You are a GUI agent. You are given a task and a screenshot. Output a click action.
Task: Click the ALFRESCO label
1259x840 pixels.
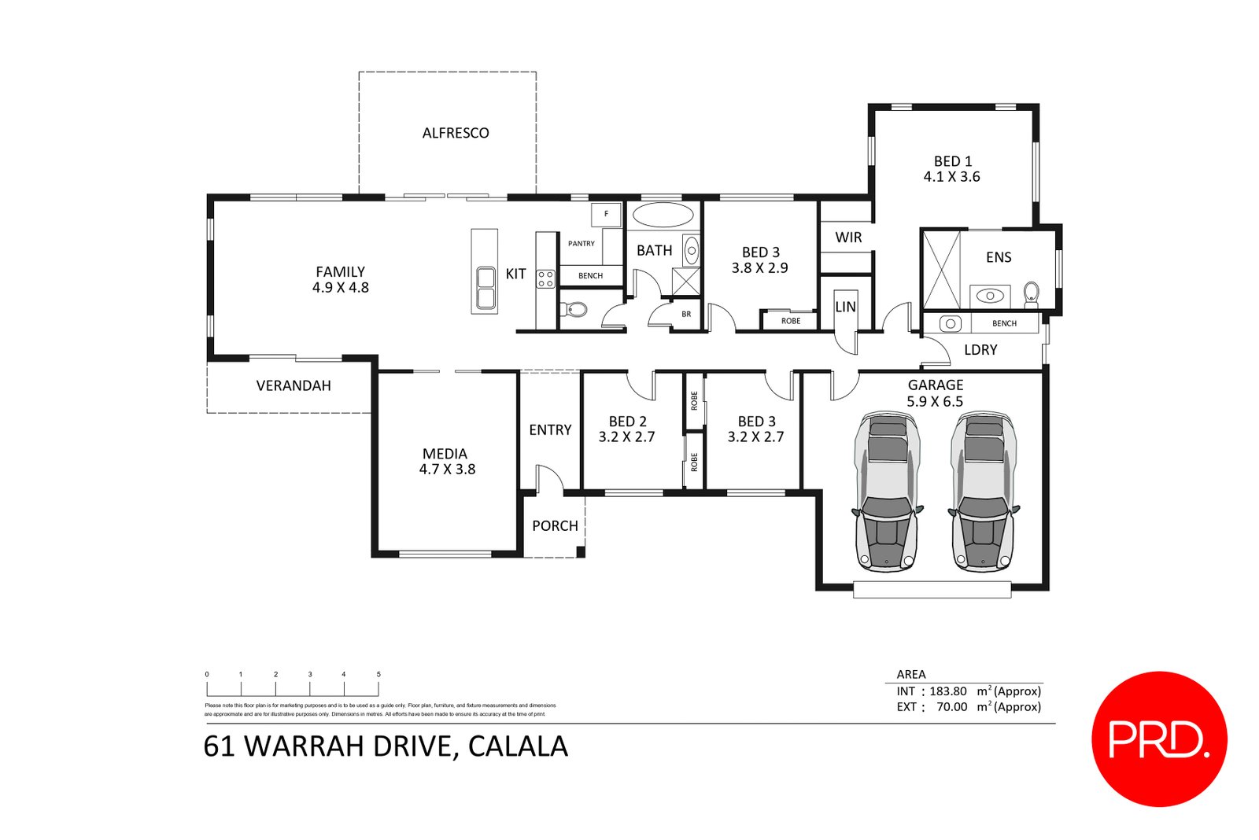coord(456,133)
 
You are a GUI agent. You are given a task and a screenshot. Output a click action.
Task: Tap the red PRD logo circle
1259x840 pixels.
coord(1159,739)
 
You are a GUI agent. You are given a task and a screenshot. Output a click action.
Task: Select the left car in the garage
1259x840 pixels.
coord(887,492)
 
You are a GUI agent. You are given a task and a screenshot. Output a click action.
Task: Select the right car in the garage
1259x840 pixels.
coord(984,492)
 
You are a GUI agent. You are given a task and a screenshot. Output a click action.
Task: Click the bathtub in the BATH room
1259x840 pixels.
coord(663,215)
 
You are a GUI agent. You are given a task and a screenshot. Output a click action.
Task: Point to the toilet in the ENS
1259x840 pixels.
coord(1031,294)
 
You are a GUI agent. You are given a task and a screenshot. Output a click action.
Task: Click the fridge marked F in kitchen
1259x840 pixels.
coord(606,214)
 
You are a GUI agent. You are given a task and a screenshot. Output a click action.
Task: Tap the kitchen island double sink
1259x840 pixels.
coord(486,288)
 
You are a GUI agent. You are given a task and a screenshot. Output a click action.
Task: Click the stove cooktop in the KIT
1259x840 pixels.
coord(545,278)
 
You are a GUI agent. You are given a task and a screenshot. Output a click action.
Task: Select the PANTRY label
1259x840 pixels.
coord(582,244)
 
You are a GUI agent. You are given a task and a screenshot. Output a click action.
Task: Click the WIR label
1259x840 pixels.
coord(848,238)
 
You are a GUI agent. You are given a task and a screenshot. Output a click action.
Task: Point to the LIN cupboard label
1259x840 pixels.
coord(845,307)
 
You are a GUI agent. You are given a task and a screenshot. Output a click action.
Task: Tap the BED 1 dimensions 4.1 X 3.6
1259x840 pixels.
coord(951,177)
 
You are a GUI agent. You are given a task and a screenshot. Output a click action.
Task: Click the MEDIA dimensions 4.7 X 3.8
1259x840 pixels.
coord(447,470)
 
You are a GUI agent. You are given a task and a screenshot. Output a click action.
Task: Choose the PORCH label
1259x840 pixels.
coord(555,525)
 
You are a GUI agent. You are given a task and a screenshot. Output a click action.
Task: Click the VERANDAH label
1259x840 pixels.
coord(294,385)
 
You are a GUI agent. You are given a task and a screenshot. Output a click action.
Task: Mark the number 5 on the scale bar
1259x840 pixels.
coord(378,674)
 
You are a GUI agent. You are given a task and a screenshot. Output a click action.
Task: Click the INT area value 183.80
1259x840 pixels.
coord(947,691)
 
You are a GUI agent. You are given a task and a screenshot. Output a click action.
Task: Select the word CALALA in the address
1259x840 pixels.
coord(518,746)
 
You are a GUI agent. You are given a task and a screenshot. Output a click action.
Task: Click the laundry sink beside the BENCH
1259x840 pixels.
coord(951,323)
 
